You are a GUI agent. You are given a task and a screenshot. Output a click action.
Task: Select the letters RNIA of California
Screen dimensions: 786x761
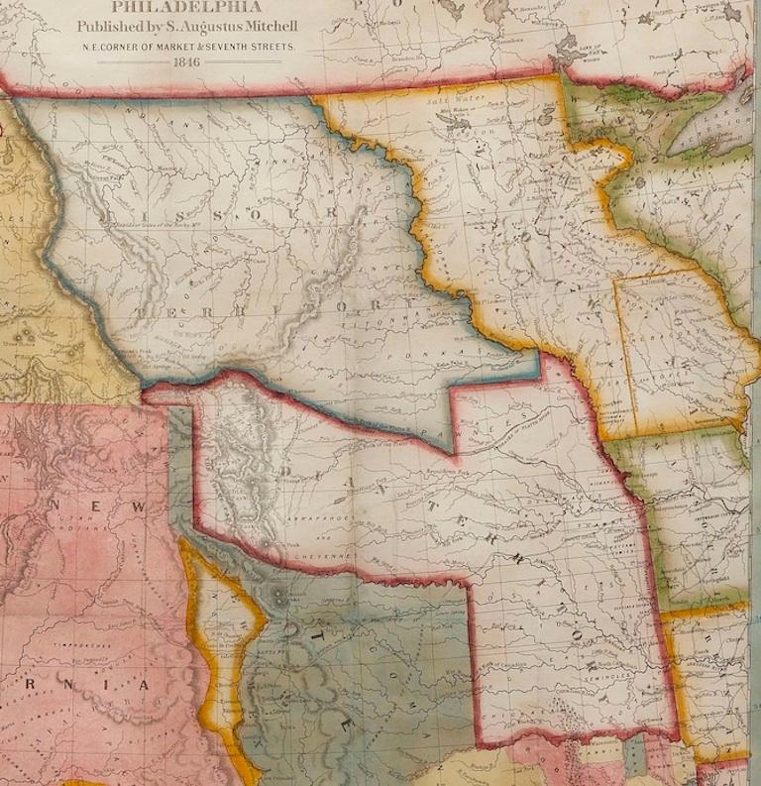[x=109, y=685]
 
